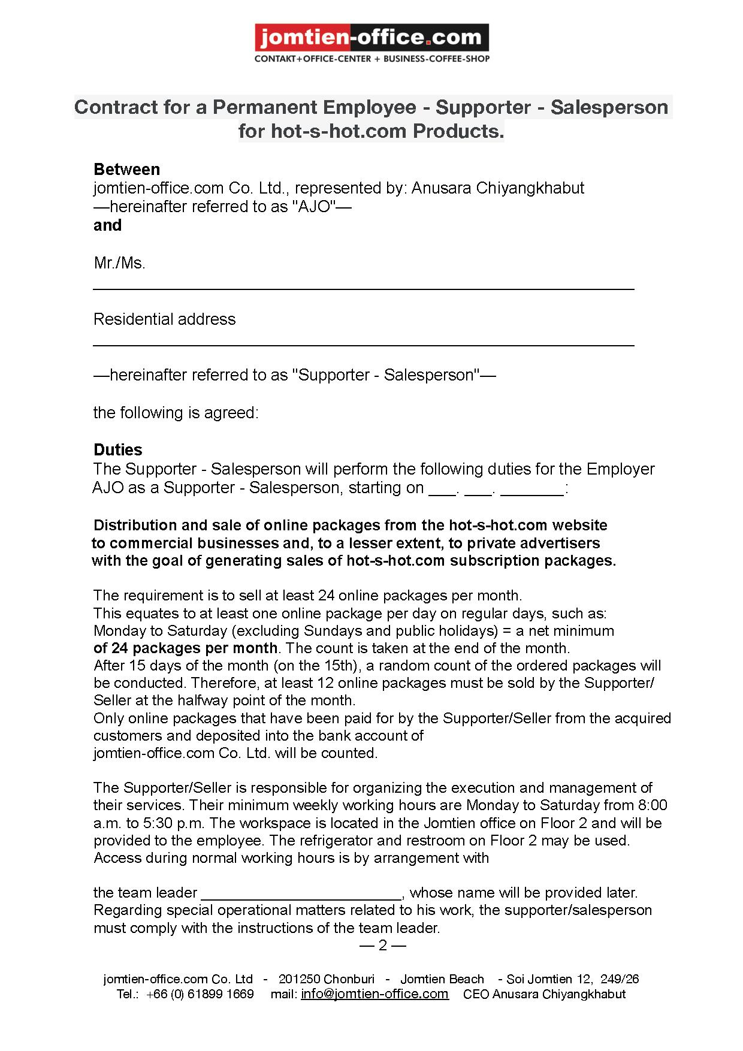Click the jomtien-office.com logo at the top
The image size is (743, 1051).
coord(371,38)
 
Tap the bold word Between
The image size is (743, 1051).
coord(126,169)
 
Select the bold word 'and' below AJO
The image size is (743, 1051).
coord(107,225)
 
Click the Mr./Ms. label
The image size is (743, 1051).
coord(119,263)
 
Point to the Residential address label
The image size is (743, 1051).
coord(164,319)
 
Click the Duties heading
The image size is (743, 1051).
coord(118,450)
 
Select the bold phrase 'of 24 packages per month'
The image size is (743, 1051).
coord(186,648)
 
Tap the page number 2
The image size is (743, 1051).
coord(383,946)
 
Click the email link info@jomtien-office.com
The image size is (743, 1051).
coord(374,994)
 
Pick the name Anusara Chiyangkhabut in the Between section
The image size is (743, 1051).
coord(497,188)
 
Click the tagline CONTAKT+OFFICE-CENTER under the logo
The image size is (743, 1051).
coord(313,59)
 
